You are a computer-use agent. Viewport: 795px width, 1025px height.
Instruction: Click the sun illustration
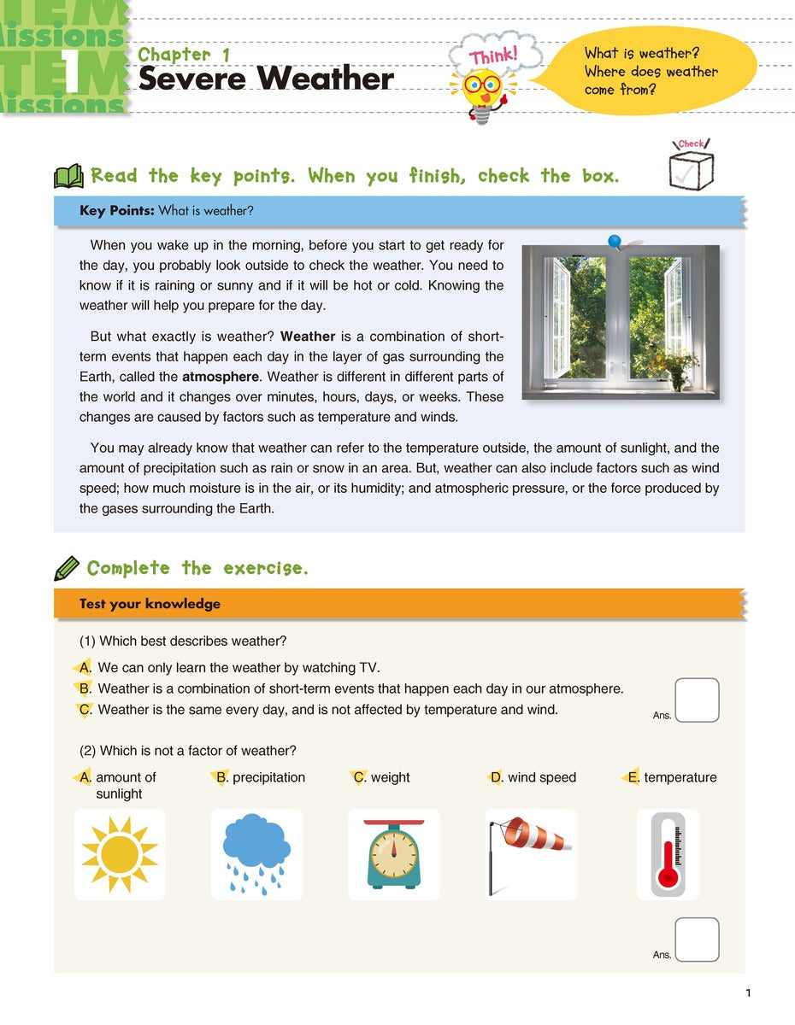click(x=120, y=854)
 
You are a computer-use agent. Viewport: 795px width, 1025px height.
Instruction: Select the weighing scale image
click(x=393, y=855)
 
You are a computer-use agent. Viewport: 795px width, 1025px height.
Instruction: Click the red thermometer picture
click(x=668, y=854)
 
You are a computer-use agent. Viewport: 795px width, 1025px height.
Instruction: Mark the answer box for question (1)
click(x=697, y=700)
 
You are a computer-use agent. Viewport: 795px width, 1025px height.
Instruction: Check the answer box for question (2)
click(x=697, y=940)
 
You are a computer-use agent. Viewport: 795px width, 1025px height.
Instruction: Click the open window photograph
click(x=621, y=323)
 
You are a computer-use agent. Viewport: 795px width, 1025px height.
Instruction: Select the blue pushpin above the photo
click(x=615, y=243)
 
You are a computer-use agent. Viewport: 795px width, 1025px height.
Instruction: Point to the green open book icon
click(x=68, y=177)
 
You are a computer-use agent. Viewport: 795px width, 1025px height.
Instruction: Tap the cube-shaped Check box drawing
click(x=691, y=167)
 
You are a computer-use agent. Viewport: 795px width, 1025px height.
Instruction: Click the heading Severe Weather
click(x=266, y=79)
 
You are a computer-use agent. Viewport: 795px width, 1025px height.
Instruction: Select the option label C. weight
click(x=382, y=777)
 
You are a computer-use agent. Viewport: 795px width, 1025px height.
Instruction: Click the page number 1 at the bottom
click(x=747, y=993)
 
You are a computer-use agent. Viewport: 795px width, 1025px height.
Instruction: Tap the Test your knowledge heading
click(x=150, y=604)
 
